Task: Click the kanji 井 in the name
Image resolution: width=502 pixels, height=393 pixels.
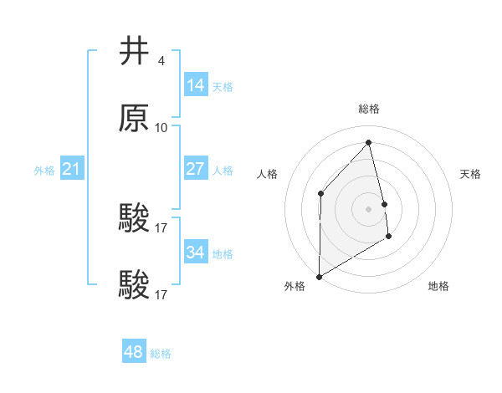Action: (x=136, y=52)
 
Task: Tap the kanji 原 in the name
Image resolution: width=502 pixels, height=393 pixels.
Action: (x=136, y=119)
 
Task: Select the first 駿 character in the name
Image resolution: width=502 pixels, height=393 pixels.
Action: (x=136, y=219)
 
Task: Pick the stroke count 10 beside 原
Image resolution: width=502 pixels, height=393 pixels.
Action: (x=161, y=128)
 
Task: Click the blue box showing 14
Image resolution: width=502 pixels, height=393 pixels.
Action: (x=196, y=85)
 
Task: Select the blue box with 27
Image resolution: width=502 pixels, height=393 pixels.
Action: (x=196, y=169)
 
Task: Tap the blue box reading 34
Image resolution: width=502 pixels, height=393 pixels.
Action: (x=196, y=253)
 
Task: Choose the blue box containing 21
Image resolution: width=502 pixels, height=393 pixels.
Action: (x=72, y=170)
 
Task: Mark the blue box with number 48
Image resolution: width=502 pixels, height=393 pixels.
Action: (x=134, y=352)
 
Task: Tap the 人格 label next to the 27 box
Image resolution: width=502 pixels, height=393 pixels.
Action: (x=223, y=171)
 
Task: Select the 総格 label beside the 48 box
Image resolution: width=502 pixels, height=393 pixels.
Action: (x=161, y=354)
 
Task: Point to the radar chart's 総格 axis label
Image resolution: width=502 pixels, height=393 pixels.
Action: (x=369, y=109)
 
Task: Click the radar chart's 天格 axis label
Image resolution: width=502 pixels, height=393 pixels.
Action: (x=471, y=174)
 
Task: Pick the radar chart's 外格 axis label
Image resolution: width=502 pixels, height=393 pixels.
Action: (x=295, y=286)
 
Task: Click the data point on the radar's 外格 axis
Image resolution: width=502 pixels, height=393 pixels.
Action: (x=319, y=276)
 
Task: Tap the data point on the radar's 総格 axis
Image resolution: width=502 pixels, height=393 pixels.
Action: (x=369, y=142)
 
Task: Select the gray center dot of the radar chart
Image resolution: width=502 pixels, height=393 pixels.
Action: (x=369, y=208)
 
